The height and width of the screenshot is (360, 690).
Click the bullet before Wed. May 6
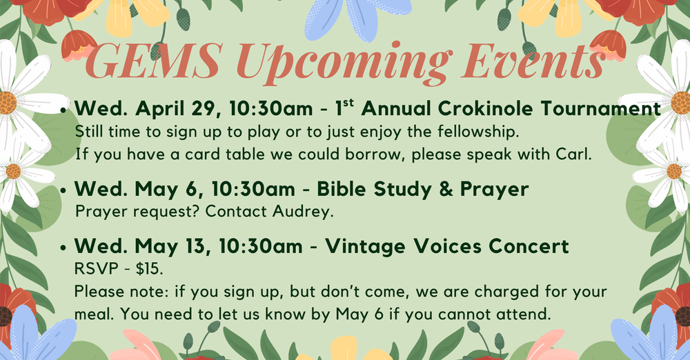[x=65, y=189]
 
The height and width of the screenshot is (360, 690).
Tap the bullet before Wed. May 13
[x=65, y=248]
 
